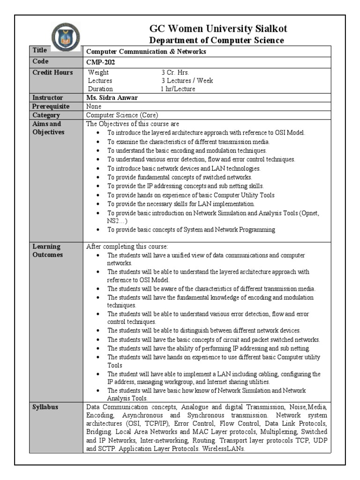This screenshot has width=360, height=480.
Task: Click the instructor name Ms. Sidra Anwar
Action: [112, 98]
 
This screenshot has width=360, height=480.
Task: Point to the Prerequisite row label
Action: [51, 106]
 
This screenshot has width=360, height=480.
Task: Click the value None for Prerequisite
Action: [94, 106]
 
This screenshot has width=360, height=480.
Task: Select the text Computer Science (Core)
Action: [122, 115]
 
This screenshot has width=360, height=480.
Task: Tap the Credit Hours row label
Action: [52, 72]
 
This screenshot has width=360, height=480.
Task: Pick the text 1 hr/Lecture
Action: [178, 89]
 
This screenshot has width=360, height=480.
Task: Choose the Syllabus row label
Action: [45, 407]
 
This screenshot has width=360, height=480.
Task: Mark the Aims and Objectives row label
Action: [49, 128]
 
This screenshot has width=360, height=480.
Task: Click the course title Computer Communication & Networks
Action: [146, 52]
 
